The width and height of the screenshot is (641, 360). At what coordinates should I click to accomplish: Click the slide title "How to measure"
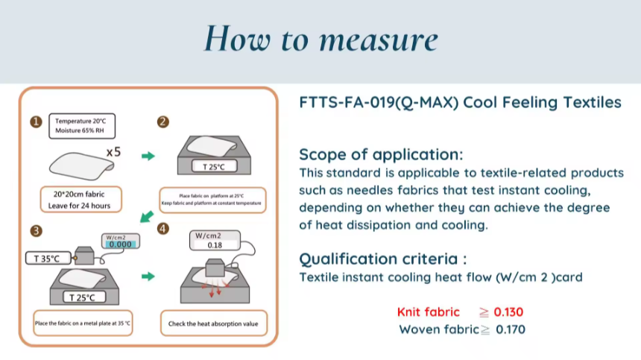pyautogui.click(x=320, y=39)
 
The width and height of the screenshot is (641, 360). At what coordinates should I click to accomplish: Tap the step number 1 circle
pyautogui.click(x=35, y=122)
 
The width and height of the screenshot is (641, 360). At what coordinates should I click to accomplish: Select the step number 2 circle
pyautogui.click(x=162, y=122)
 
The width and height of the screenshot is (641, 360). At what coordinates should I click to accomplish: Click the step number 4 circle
pyautogui.click(x=163, y=229)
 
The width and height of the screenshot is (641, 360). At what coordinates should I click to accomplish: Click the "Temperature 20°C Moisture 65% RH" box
pyautogui.click(x=82, y=125)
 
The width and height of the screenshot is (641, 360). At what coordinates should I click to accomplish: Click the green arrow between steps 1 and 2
pyautogui.click(x=148, y=157)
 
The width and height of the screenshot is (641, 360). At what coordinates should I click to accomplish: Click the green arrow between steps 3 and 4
pyautogui.click(x=148, y=277)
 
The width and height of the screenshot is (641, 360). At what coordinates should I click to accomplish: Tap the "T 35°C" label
pyautogui.click(x=48, y=259)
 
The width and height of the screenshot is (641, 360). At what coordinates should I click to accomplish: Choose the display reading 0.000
pyautogui.click(x=120, y=244)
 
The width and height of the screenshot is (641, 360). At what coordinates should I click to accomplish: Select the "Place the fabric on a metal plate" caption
pyautogui.click(x=83, y=323)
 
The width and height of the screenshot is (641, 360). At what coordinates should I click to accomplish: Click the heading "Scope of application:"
pyautogui.click(x=380, y=155)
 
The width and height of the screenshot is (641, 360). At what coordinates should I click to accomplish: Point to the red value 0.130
pyautogui.click(x=508, y=312)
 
